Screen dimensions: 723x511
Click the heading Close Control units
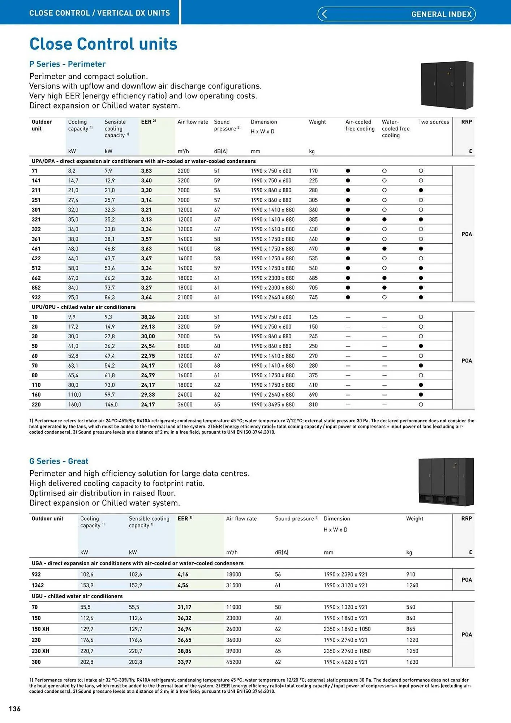click(x=103, y=44)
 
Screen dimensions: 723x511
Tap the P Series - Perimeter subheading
click(x=68, y=64)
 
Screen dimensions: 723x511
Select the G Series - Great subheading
click(x=59, y=461)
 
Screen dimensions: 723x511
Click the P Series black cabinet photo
click(x=447, y=85)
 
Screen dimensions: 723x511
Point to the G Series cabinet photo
click(x=446, y=482)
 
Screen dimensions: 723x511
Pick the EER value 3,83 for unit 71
click(x=146, y=171)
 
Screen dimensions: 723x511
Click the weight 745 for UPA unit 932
click(x=313, y=298)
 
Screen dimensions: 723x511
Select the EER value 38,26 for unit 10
click(x=148, y=317)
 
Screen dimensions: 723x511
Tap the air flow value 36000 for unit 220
click(x=185, y=405)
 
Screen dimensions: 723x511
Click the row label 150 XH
click(x=40, y=629)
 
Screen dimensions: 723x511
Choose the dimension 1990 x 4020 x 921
click(x=345, y=662)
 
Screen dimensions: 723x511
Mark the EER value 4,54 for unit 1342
click(x=183, y=585)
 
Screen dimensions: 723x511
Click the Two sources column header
click(x=434, y=122)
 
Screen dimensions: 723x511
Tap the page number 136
click(x=15, y=709)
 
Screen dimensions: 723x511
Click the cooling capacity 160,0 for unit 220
click(x=74, y=405)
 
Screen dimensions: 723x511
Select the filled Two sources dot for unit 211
click(x=421, y=190)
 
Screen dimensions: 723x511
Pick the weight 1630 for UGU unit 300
click(x=412, y=662)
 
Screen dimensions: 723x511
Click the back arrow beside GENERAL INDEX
click(x=324, y=14)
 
